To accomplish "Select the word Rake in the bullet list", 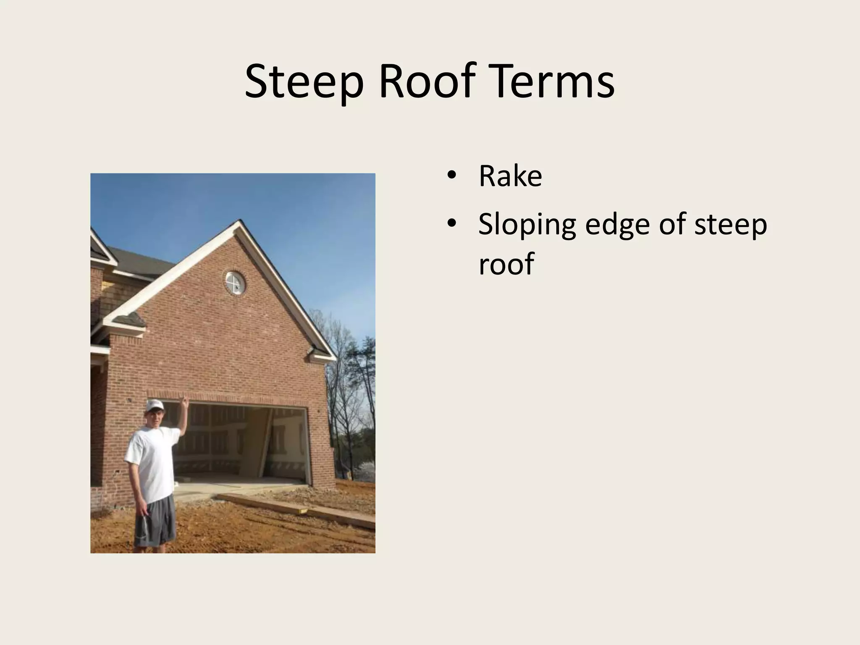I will [510, 176].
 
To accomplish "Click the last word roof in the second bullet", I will [506, 264].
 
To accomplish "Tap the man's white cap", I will [155, 405].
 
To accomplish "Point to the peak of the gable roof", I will [240, 222].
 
